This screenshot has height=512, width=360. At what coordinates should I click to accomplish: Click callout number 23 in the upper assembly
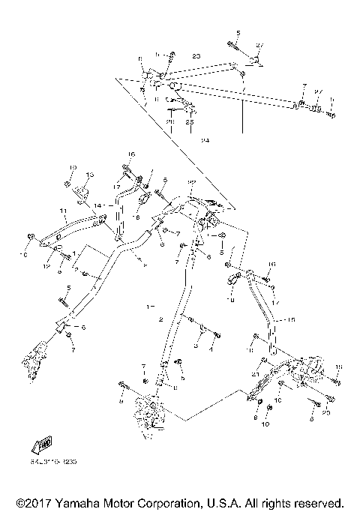coord(196,56)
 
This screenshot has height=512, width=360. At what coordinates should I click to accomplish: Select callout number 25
coord(190,121)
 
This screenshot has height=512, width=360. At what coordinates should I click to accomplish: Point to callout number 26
coord(169,121)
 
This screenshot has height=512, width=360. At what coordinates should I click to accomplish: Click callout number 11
coord(64,211)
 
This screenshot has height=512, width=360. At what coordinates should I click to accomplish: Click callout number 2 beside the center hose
coord(159,319)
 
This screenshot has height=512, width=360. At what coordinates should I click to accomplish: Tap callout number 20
coord(325,412)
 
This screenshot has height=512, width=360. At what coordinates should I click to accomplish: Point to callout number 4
coord(211,348)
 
